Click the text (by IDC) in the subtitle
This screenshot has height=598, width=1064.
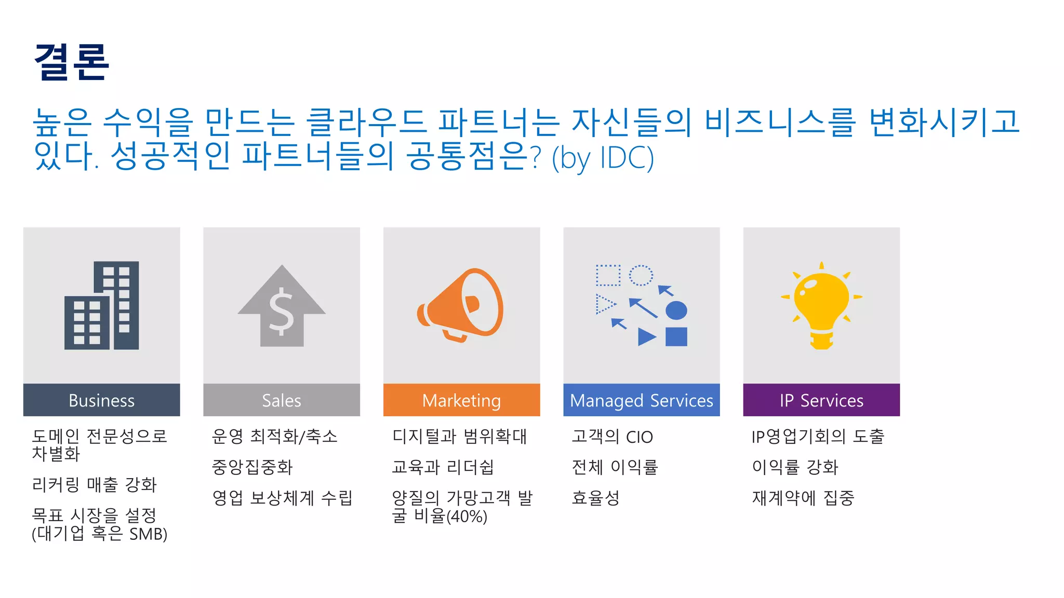click(x=603, y=157)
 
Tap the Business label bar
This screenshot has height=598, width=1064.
click(x=101, y=400)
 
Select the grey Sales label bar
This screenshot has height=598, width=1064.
click(x=281, y=400)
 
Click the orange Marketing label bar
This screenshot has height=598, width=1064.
click(x=461, y=400)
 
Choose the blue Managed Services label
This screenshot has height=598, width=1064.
click(x=641, y=400)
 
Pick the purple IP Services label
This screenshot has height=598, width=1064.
click(x=821, y=400)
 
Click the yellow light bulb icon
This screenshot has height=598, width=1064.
click(x=821, y=305)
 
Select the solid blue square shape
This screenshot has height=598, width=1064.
click(x=676, y=336)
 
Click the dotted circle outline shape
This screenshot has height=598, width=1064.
click(x=641, y=275)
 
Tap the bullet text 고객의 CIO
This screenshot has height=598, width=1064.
click(x=612, y=437)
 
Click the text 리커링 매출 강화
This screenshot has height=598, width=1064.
click(x=94, y=485)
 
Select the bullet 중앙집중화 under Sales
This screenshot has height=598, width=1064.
click(x=252, y=467)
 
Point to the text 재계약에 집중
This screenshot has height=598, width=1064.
click(x=803, y=498)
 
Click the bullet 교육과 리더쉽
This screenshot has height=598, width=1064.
click(x=442, y=467)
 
